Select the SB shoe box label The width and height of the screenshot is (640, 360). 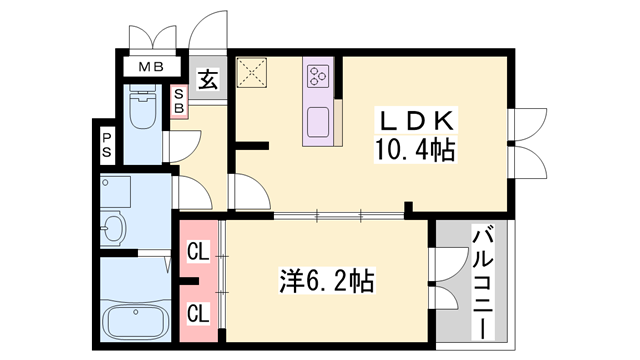(179, 101)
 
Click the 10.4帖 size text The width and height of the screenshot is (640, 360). (416, 151)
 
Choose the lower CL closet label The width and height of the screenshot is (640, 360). (198, 313)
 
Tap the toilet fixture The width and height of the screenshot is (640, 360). (141, 113)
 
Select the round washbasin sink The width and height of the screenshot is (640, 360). (112, 229)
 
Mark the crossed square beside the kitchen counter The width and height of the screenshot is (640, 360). (250, 73)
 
